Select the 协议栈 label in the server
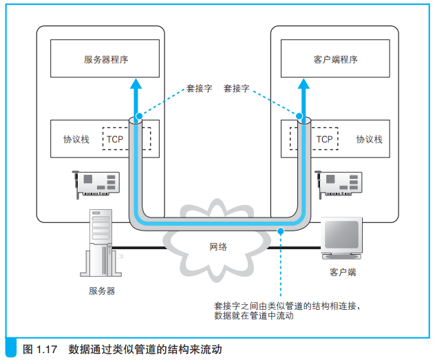[x=76, y=139]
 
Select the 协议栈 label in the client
[x=369, y=139]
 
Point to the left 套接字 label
[x=199, y=89]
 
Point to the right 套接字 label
[x=237, y=89]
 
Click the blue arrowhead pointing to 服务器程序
[x=136, y=85]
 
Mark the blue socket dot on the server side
[x=138, y=117]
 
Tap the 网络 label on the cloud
[x=218, y=246]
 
